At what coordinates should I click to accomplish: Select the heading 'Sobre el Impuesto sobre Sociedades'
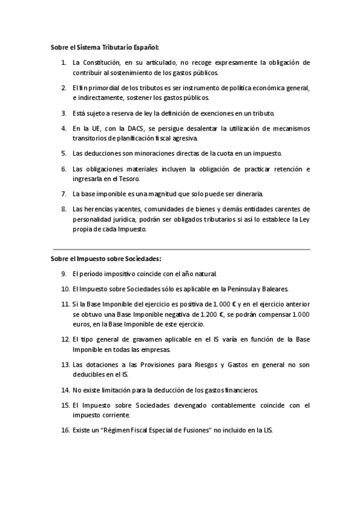[106, 259]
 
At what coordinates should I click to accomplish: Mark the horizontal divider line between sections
[181, 248]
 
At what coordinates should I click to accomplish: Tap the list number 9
[63, 274]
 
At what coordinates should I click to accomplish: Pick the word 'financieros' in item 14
[239, 390]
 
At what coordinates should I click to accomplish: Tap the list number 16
[65, 431]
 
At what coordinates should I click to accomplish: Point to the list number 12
[65, 340]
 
